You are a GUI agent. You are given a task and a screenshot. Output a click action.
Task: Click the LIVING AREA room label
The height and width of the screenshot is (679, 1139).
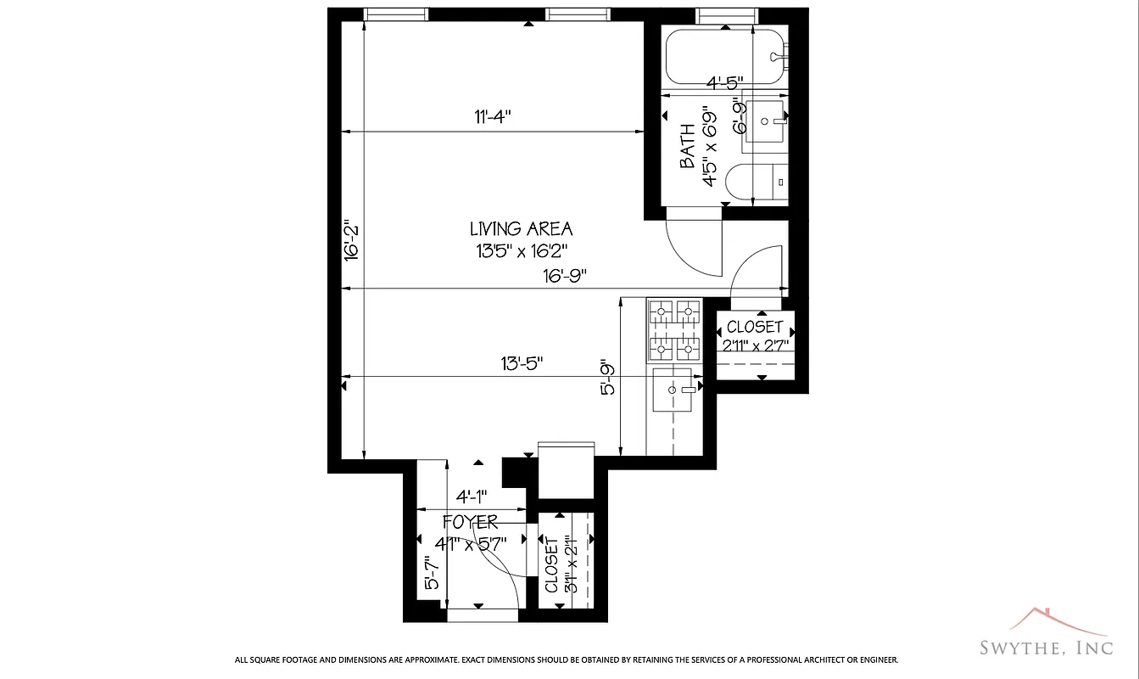[521, 228]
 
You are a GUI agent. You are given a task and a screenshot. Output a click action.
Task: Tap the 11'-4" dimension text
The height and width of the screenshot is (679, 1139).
[493, 118]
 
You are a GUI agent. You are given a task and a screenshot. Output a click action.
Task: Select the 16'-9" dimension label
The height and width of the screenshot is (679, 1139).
[565, 275]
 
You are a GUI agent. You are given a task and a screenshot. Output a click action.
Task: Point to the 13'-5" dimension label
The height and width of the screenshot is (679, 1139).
[522, 362]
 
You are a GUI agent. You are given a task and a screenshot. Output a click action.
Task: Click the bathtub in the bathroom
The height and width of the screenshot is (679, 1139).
[725, 56]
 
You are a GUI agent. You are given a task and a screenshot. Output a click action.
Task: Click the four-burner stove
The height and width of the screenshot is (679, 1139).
[675, 329]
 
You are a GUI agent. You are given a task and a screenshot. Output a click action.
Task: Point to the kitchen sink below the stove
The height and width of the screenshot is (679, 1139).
[676, 390]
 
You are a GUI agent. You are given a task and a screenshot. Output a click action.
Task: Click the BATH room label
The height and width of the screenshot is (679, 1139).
[688, 146]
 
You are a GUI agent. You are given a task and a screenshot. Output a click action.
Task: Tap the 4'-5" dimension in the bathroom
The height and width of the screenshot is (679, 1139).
[725, 82]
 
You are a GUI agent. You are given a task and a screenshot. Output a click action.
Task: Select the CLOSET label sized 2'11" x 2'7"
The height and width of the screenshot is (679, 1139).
[756, 328]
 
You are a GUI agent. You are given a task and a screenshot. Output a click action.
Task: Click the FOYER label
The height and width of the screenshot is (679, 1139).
[470, 522]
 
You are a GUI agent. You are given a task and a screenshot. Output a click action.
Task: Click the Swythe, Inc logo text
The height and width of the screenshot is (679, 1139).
[1045, 648]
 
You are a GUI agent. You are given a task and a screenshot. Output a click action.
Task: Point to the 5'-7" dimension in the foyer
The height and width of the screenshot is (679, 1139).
[432, 573]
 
